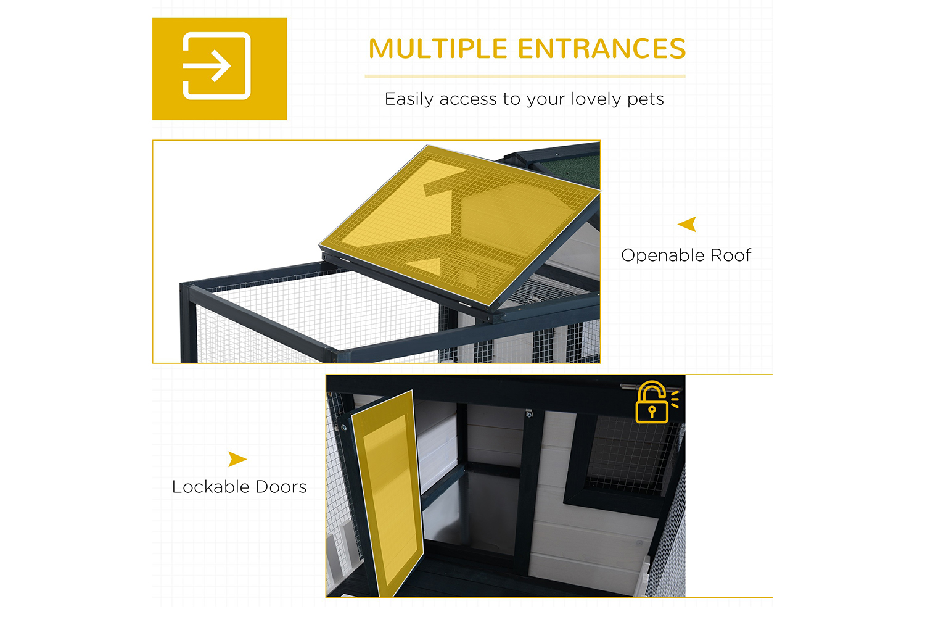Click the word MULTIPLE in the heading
click(x=438, y=49)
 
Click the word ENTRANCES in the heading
click(x=602, y=49)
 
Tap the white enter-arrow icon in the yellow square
click(x=216, y=66)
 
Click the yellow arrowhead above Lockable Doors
click(x=237, y=459)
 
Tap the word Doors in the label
click(x=281, y=487)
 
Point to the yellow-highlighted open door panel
click(x=388, y=494)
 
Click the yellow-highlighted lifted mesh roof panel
click(x=459, y=225)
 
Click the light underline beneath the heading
click(x=525, y=77)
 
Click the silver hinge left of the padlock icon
click(x=628, y=387)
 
